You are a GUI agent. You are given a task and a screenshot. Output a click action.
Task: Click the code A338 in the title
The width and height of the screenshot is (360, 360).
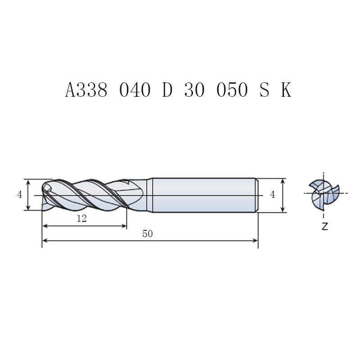point(86,90)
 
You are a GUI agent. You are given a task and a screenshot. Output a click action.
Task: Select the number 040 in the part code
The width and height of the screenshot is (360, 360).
point(135,90)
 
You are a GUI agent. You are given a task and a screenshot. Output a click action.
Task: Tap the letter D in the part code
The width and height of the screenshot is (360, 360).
point(167,90)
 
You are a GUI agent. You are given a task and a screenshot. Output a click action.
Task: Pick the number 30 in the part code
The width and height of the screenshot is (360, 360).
point(194,90)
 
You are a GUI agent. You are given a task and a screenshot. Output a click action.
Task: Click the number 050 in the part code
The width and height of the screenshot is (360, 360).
point(232,90)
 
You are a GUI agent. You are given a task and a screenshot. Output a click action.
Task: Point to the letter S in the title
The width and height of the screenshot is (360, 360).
point(264,90)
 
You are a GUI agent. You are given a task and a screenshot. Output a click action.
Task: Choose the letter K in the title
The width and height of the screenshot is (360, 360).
point(286,90)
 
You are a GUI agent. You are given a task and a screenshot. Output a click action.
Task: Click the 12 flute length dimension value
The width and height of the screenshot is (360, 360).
point(82,219)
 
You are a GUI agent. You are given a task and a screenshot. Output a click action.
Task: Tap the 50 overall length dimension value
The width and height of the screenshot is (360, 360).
point(148,234)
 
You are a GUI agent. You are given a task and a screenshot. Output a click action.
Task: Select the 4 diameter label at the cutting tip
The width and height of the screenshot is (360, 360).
point(19,195)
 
